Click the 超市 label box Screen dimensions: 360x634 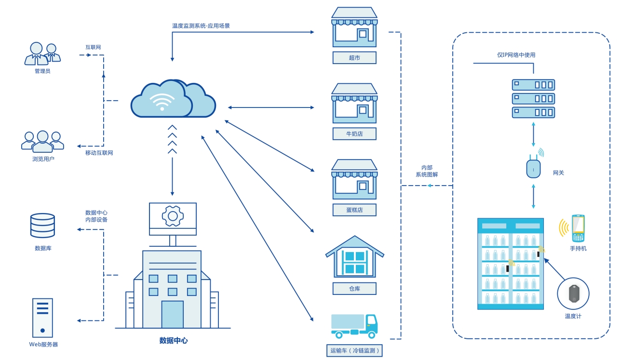(x=354, y=58)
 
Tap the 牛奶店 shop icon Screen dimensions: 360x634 (x=354, y=104)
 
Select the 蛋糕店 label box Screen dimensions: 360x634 (x=354, y=210)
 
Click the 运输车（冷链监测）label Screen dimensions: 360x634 (x=354, y=350)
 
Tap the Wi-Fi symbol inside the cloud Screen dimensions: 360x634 (x=162, y=101)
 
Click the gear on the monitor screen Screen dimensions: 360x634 (x=172, y=216)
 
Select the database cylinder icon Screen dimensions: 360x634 (x=42, y=226)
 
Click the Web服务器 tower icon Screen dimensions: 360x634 (x=42, y=318)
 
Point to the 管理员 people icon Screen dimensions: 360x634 (x=42, y=54)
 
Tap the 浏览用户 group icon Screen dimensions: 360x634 (x=42, y=141)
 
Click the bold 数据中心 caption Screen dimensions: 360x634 (x=173, y=341)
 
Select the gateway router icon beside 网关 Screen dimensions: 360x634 (x=533, y=168)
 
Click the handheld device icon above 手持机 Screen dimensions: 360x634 (x=578, y=228)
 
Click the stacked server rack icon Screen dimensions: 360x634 (x=533, y=99)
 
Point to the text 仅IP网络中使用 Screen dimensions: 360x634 (x=516, y=55)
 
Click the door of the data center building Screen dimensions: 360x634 (x=172, y=314)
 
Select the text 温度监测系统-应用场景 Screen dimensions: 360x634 (x=201, y=26)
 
